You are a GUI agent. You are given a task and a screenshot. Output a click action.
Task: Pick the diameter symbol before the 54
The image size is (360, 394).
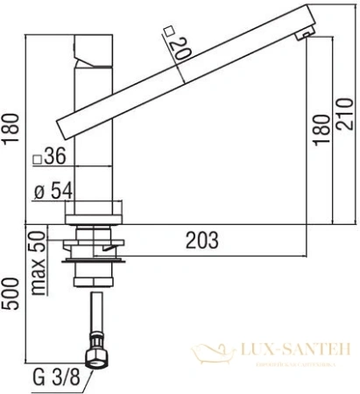coord(39,192)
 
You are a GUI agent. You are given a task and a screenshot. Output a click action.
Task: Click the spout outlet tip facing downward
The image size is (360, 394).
coord(306,33)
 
